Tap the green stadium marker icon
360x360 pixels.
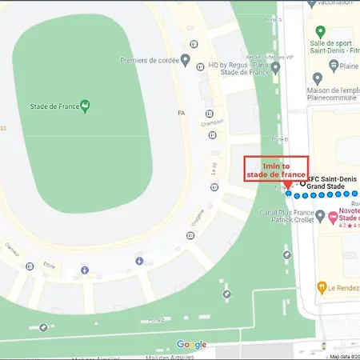click(86, 103)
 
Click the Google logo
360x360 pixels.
click(191, 344)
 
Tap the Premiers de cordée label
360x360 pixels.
click(146, 59)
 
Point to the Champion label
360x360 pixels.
click(212, 122)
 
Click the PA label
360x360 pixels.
click(181, 114)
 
